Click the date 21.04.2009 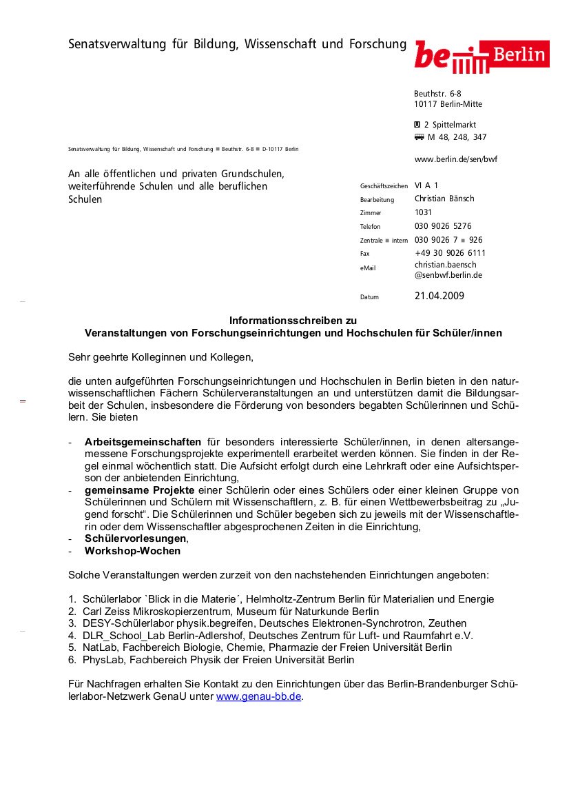[x=439, y=296]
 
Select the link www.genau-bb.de [x=259, y=696]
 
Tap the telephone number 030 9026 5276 [x=443, y=226]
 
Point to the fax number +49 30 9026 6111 [x=450, y=253]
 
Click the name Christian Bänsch [x=444, y=199]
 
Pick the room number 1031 [x=424, y=212]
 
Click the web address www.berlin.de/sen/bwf [x=455, y=159]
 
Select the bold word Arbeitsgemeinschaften [x=143, y=442]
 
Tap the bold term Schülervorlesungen [x=135, y=537]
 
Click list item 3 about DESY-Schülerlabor [x=274, y=623]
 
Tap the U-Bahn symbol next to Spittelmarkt [x=417, y=125]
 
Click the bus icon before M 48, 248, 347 [x=419, y=137]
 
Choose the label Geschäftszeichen [x=384, y=186]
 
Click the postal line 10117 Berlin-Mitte [x=448, y=104]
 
